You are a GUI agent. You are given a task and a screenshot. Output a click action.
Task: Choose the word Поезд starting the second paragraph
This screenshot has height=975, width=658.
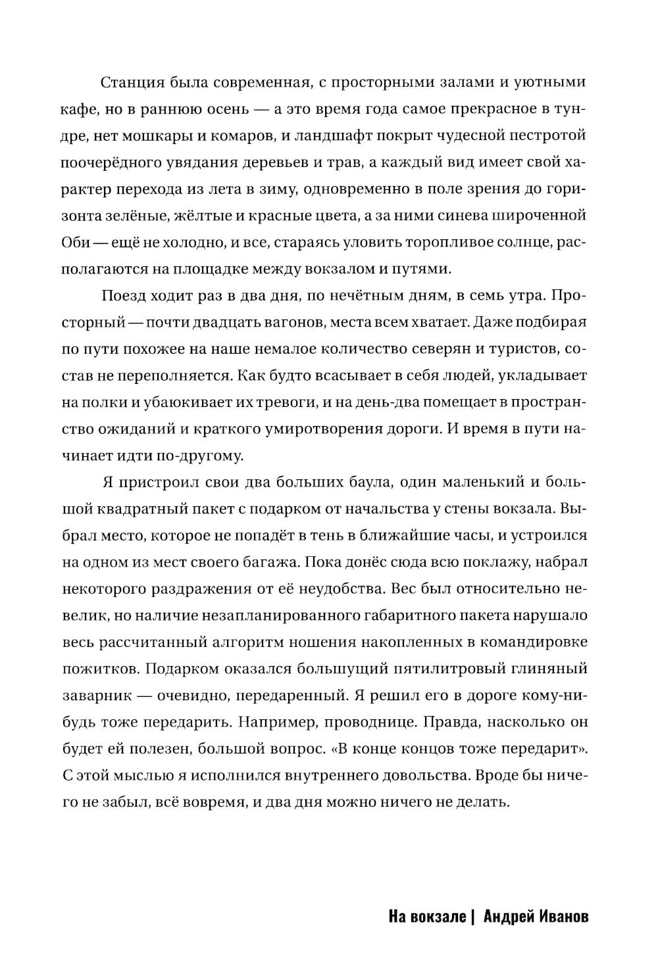click(125, 295)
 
